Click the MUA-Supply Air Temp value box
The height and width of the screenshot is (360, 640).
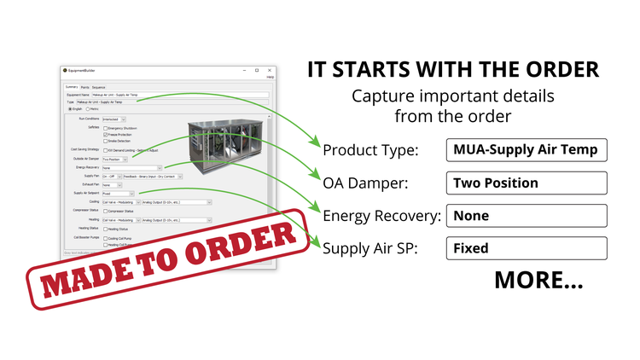click(x=526, y=151)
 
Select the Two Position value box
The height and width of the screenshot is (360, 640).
click(x=526, y=183)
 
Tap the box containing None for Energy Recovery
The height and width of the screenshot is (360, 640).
click(x=526, y=216)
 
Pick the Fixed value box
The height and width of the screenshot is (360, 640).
click(x=526, y=248)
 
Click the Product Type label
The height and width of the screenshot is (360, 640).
click(x=370, y=151)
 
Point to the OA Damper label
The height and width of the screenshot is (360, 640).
click(x=364, y=183)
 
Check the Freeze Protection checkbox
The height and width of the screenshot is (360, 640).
click(x=105, y=135)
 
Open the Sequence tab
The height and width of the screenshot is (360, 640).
click(x=99, y=86)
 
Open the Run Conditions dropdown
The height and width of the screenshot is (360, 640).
click(x=115, y=119)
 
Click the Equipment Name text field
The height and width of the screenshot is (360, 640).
click(x=183, y=94)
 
